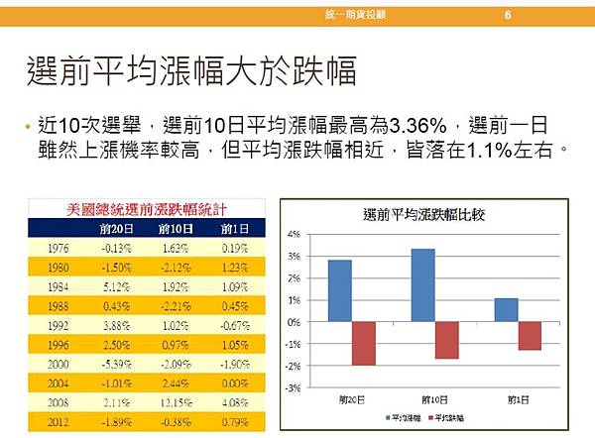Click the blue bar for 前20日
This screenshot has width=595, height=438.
pos(339,290)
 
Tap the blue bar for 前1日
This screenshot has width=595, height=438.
pos(506,309)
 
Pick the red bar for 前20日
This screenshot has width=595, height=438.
pos(364,343)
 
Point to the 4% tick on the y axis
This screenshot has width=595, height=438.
pos(293,234)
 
